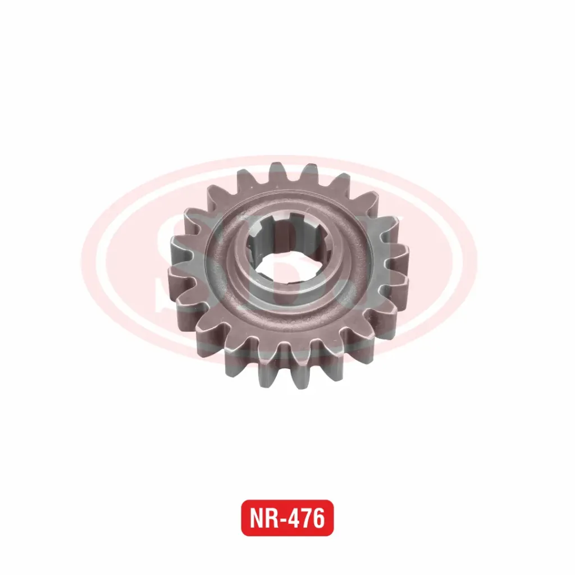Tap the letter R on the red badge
pos(272,518)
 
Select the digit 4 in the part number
pos(295,518)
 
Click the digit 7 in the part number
pos(308,518)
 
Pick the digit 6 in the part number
pos(319,518)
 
